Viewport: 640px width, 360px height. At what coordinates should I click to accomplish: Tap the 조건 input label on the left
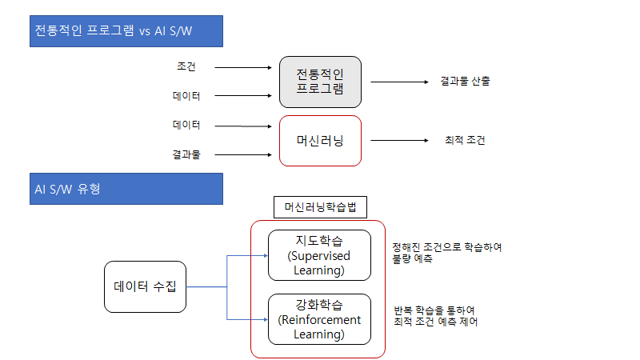186,66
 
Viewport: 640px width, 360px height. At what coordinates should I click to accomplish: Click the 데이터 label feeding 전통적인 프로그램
186,96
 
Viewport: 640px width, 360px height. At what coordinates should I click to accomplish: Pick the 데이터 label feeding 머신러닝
186,125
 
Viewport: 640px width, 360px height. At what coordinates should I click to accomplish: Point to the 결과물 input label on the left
186,154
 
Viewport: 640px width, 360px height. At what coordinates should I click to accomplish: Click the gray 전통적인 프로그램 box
319,82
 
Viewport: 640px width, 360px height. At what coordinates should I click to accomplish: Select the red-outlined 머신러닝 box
319,140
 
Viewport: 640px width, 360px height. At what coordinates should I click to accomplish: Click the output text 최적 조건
465,140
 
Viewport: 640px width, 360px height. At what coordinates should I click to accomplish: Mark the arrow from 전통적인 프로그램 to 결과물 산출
400,82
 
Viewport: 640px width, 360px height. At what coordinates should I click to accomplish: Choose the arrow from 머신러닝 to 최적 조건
400,141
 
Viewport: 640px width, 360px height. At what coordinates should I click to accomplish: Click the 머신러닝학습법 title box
319,207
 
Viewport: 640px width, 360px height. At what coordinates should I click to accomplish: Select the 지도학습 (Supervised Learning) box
319,255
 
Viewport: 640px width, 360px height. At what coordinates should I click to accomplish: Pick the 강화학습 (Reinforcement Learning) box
319,319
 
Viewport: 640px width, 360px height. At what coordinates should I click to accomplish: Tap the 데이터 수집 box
145,286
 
